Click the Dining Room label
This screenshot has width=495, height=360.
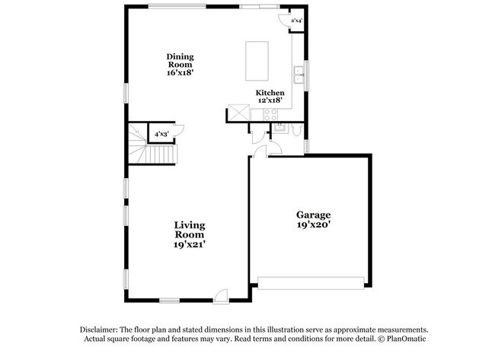coord(180,60)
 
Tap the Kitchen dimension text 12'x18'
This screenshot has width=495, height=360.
coord(269,100)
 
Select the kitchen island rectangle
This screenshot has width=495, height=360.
coord(257,61)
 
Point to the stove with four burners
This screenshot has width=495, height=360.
coord(269,114)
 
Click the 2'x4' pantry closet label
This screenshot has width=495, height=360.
coord(298,20)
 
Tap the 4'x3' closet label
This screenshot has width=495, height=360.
coord(161,134)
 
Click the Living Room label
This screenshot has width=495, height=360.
coord(190,230)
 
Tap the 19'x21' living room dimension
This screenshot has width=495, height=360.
coord(190,245)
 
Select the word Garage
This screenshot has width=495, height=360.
coord(313,215)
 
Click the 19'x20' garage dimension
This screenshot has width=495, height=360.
coord(313,225)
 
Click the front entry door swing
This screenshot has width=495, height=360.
coord(221,295)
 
